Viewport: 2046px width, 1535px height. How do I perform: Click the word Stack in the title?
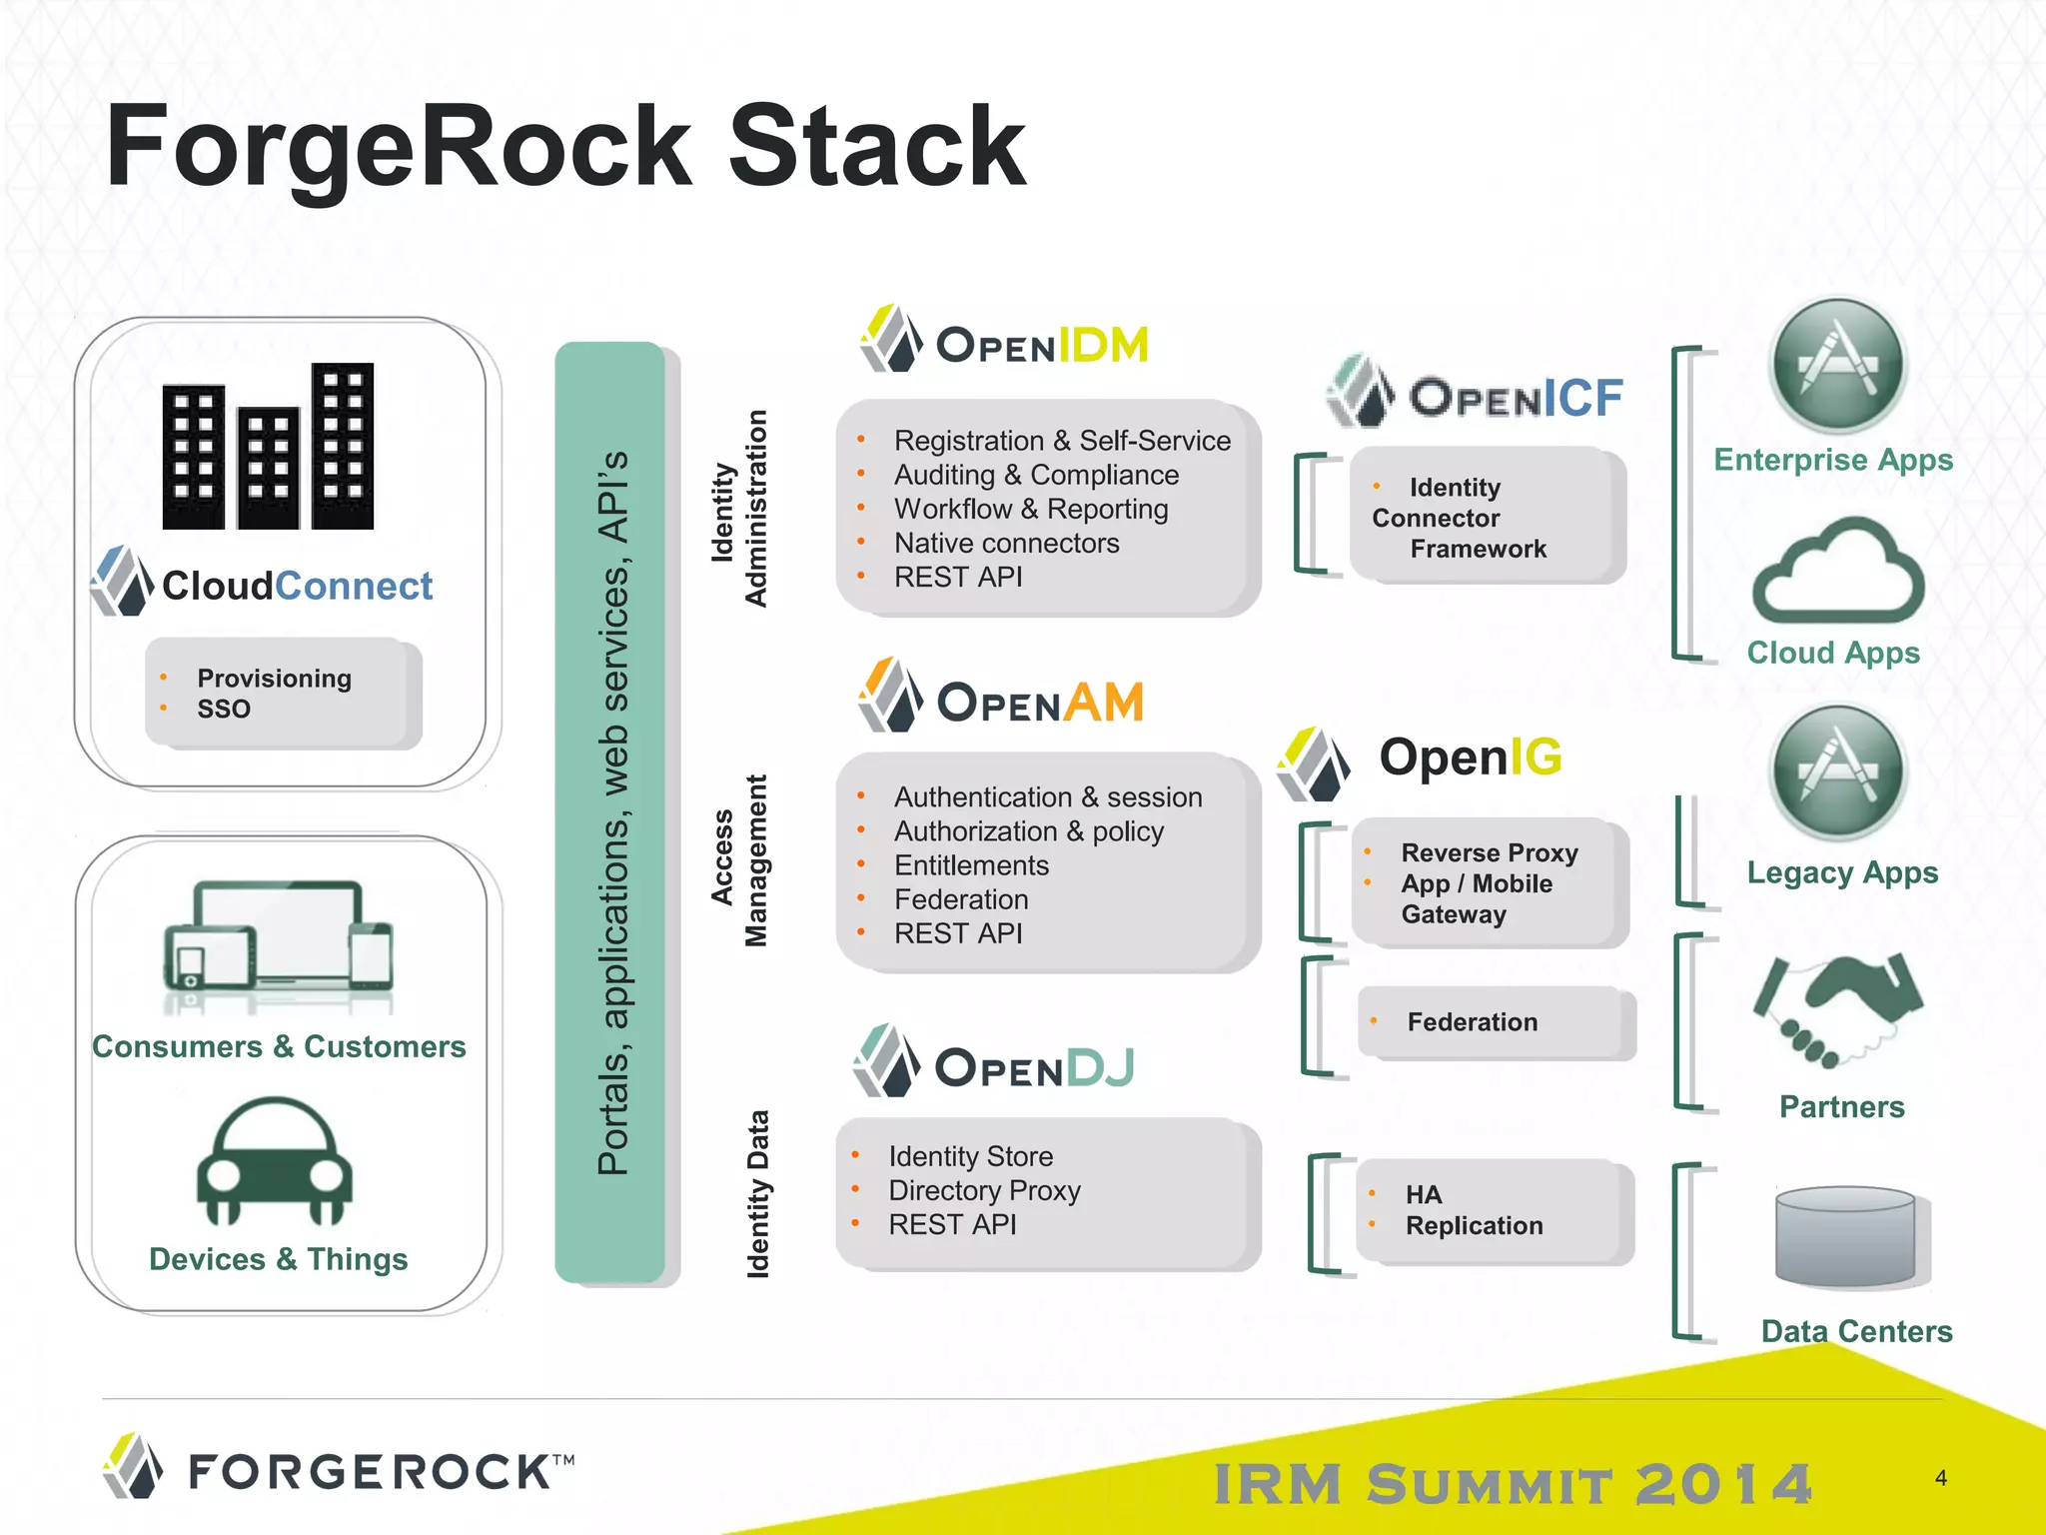[x=877, y=147]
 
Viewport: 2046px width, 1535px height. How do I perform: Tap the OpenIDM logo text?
[x=1042, y=346]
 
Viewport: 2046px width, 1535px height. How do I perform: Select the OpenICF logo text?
[x=1516, y=398]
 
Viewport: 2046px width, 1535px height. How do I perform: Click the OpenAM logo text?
[x=1040, y=703]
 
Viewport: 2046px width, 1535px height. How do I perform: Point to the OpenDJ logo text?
[x=1034, y=1068]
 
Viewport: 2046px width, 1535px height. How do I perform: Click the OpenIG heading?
[x=1470, y=758]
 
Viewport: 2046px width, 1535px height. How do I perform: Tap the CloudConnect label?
[x=297, y=586]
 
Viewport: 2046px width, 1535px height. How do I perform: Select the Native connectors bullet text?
[x=1006, y=544]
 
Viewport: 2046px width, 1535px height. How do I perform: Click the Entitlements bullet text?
[x=971, y=865]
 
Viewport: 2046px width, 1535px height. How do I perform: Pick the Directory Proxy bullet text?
[x=984, y=1190]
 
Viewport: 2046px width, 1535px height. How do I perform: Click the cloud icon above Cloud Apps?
[x=1837, y=575]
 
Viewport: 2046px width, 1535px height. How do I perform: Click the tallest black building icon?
[x=343, y=446]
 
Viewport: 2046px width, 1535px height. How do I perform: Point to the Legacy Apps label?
[x=1841, y=872]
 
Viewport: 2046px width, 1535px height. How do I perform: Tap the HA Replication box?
[x=1494, y=1211]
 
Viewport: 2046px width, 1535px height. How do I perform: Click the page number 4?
[x=1940, y=1478]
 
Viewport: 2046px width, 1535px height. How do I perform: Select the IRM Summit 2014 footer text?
[x=1513, y=1484]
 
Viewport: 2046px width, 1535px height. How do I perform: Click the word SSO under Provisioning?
[x=224, y=710]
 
